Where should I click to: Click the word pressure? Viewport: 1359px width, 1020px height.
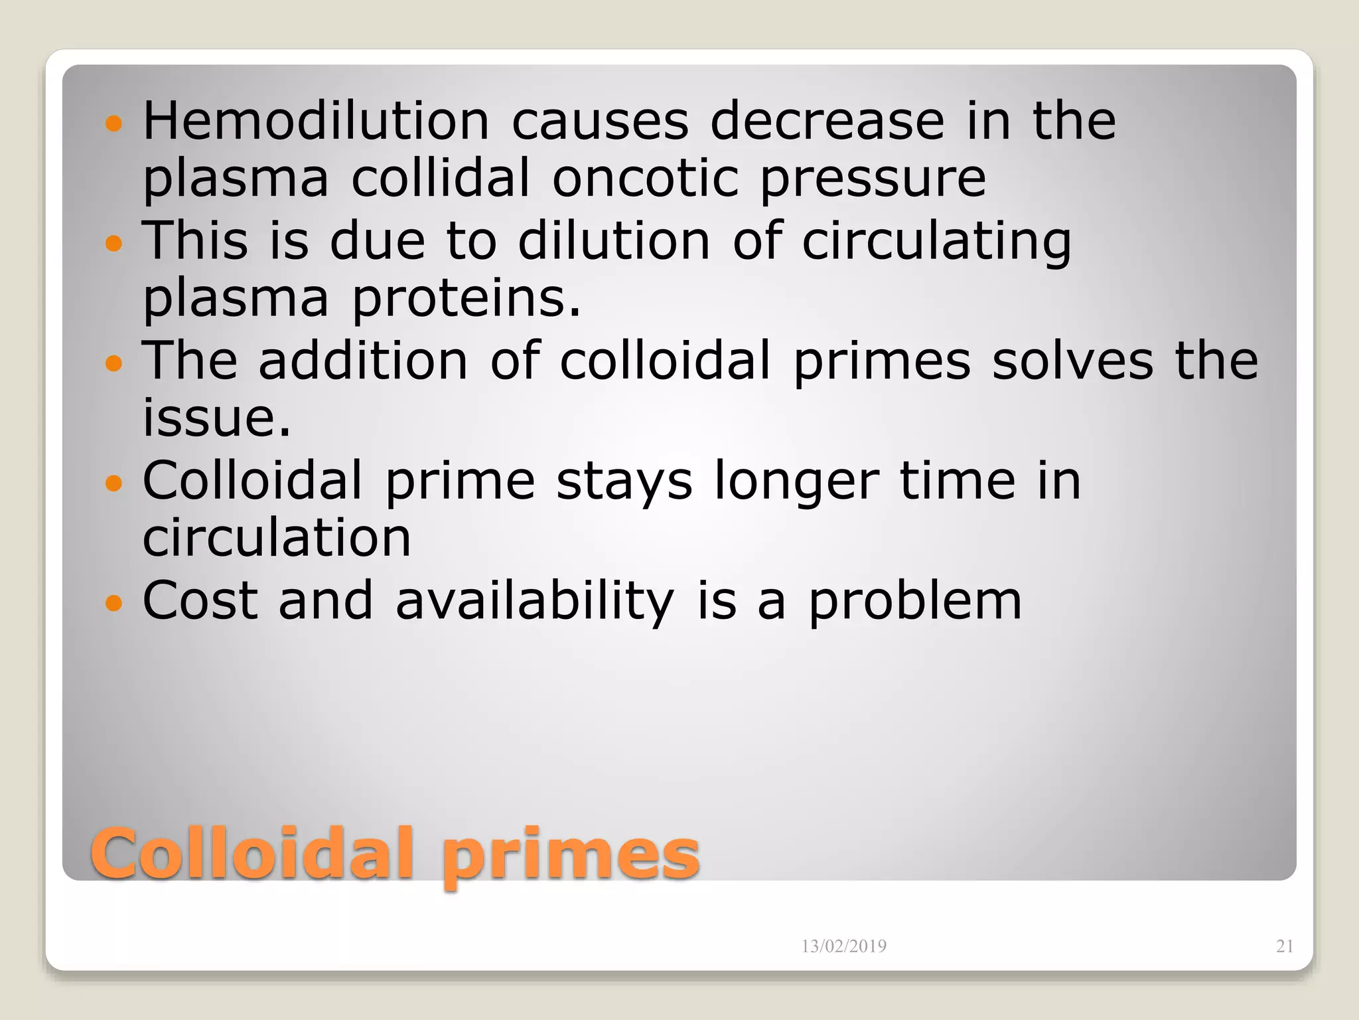click(873, 179)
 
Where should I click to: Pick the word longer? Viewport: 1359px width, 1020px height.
click(796, 481)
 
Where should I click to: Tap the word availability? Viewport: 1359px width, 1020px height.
click(535, 601)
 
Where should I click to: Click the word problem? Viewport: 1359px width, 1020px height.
click(914, 601)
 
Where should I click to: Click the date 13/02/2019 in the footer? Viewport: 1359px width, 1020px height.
click(843, 946)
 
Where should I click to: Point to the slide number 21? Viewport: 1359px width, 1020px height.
click(1285, 946)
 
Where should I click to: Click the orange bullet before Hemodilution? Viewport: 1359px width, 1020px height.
click(114, 124)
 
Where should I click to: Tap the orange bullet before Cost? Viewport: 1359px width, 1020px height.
click(114, 603)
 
